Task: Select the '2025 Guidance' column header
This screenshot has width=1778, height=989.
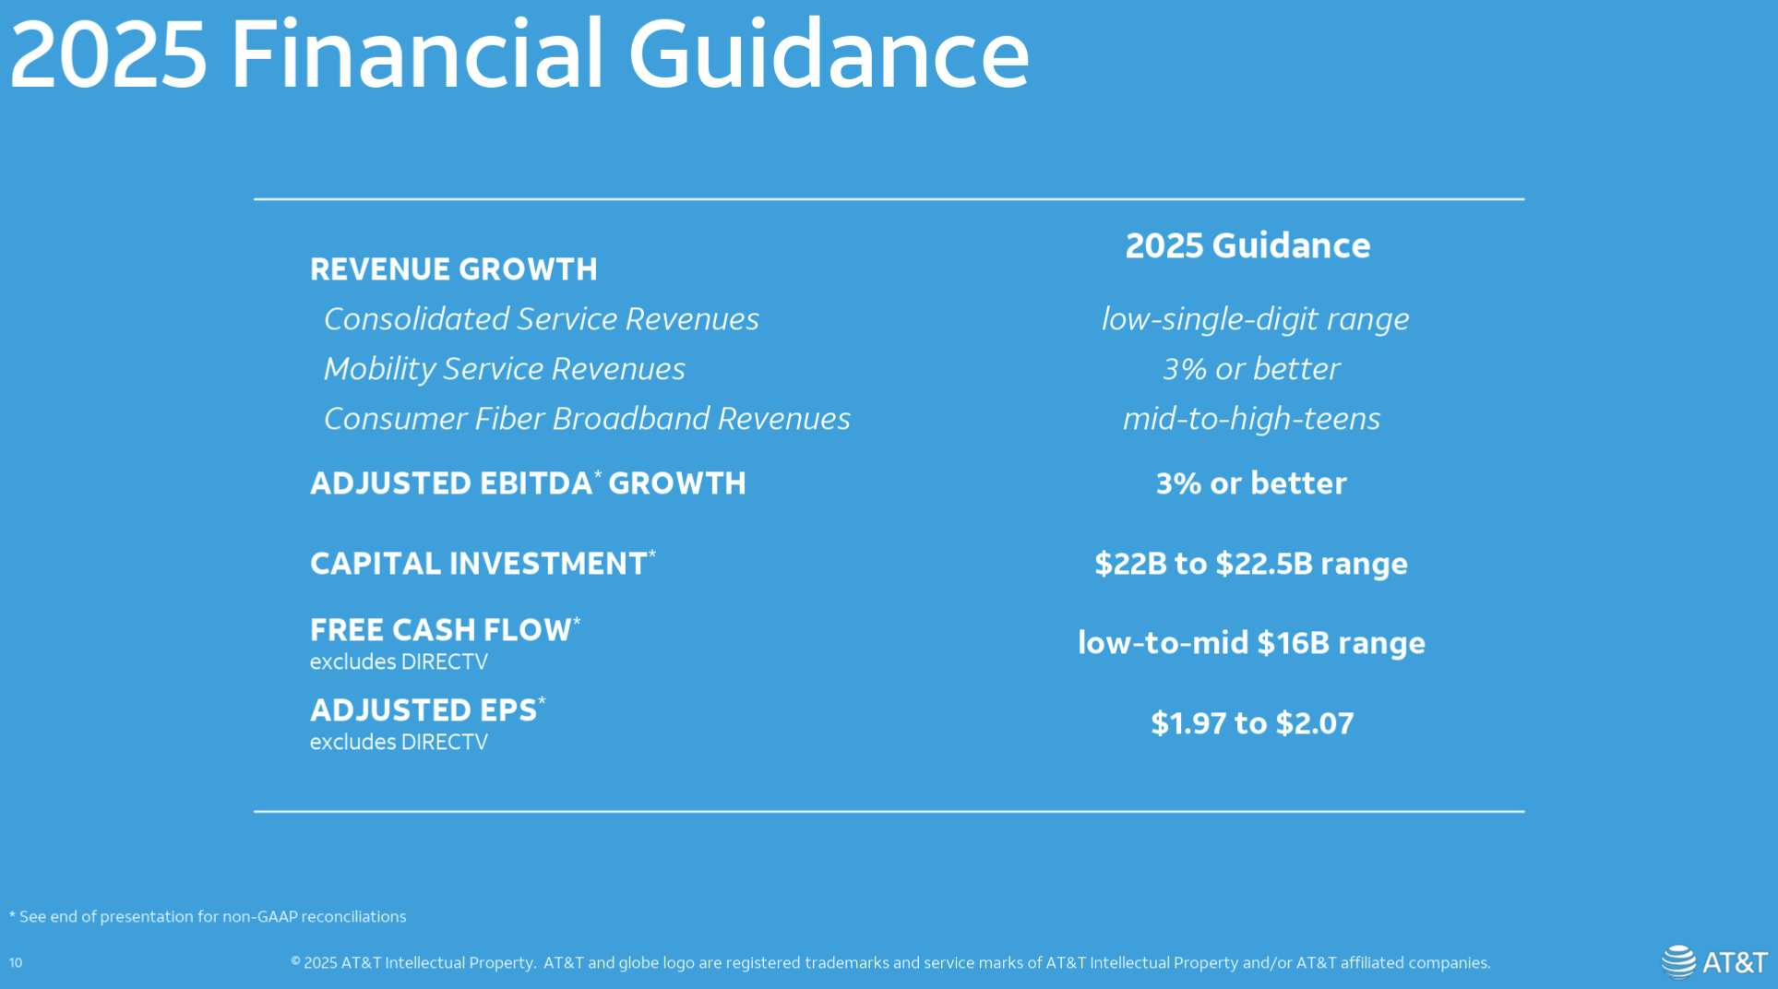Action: tap(1247, 245)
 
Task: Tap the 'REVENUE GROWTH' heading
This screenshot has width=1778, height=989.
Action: tap(454, 269)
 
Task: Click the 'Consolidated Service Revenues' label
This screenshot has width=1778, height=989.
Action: tap(542, 319)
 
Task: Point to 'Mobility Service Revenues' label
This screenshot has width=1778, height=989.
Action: tap(505, 369)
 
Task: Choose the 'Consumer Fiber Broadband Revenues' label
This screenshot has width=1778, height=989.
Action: tap(587, 419)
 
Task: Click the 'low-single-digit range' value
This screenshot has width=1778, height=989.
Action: tap(1255, 319)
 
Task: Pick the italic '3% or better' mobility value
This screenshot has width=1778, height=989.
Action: tap(1251, 369)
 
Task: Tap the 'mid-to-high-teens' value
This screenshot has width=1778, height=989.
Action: tap(1251, 419)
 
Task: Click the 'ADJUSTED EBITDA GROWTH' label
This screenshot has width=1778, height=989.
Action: tap(528, 483)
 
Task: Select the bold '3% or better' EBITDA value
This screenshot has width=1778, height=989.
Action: tap(1251, 483)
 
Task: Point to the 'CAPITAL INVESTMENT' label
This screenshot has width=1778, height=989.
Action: tap(483, 563)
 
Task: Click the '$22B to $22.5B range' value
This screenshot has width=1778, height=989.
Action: tap(1251, 564)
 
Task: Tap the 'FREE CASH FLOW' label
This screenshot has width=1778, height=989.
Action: tap(445, 629)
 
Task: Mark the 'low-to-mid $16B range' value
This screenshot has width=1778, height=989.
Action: tap(1251, 643)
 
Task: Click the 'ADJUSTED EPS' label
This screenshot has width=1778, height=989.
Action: tap(427, 709)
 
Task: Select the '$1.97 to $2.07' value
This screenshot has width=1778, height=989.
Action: tap(1252, 723)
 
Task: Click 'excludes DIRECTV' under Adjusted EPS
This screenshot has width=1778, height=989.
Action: tap(399, 743)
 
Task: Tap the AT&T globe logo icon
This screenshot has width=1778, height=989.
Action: tap(1679, 961)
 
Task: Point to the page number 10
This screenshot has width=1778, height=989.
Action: tap(16, 962)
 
